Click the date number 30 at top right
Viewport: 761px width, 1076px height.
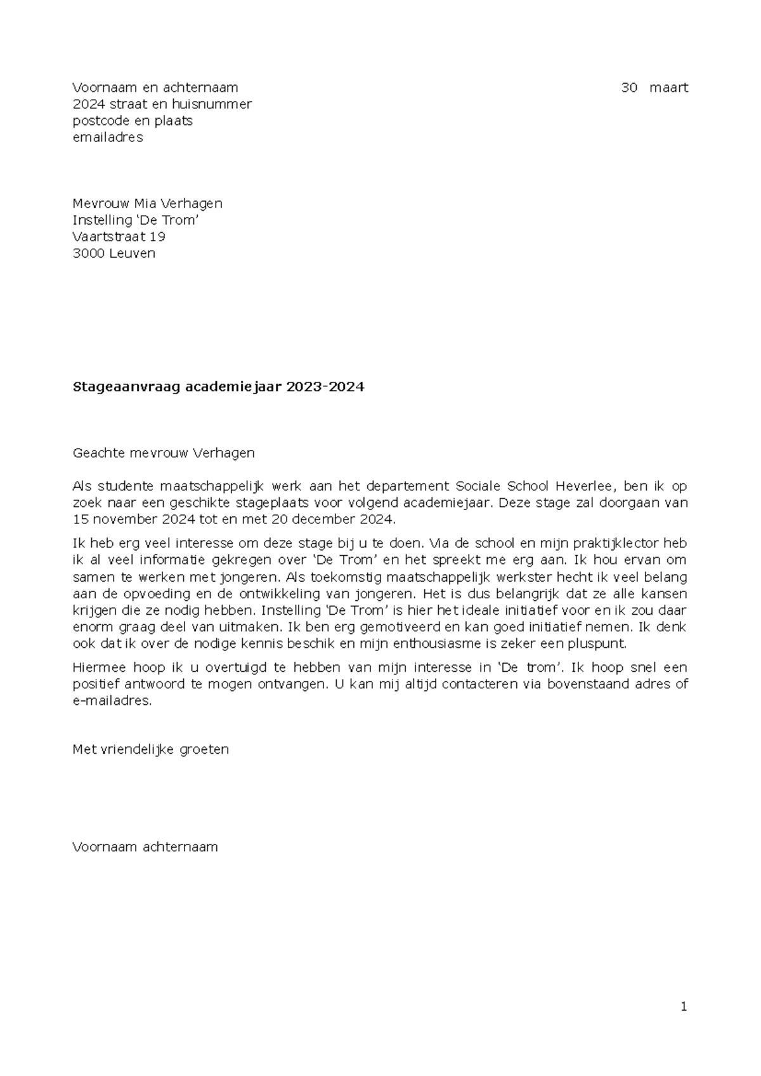tap(628, 88)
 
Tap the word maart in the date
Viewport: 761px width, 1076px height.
tap(668, 88)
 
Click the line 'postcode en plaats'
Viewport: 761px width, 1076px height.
tap(133, 121)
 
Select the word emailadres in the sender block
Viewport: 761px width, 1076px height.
tap(108, 137)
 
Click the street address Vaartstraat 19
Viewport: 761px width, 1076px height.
tap(119, 237)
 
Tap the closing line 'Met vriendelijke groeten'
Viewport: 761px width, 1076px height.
tap(151, 749)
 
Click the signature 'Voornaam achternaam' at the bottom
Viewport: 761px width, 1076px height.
tap(145, 847)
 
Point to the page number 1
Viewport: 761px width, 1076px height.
tap(684, 1006)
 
